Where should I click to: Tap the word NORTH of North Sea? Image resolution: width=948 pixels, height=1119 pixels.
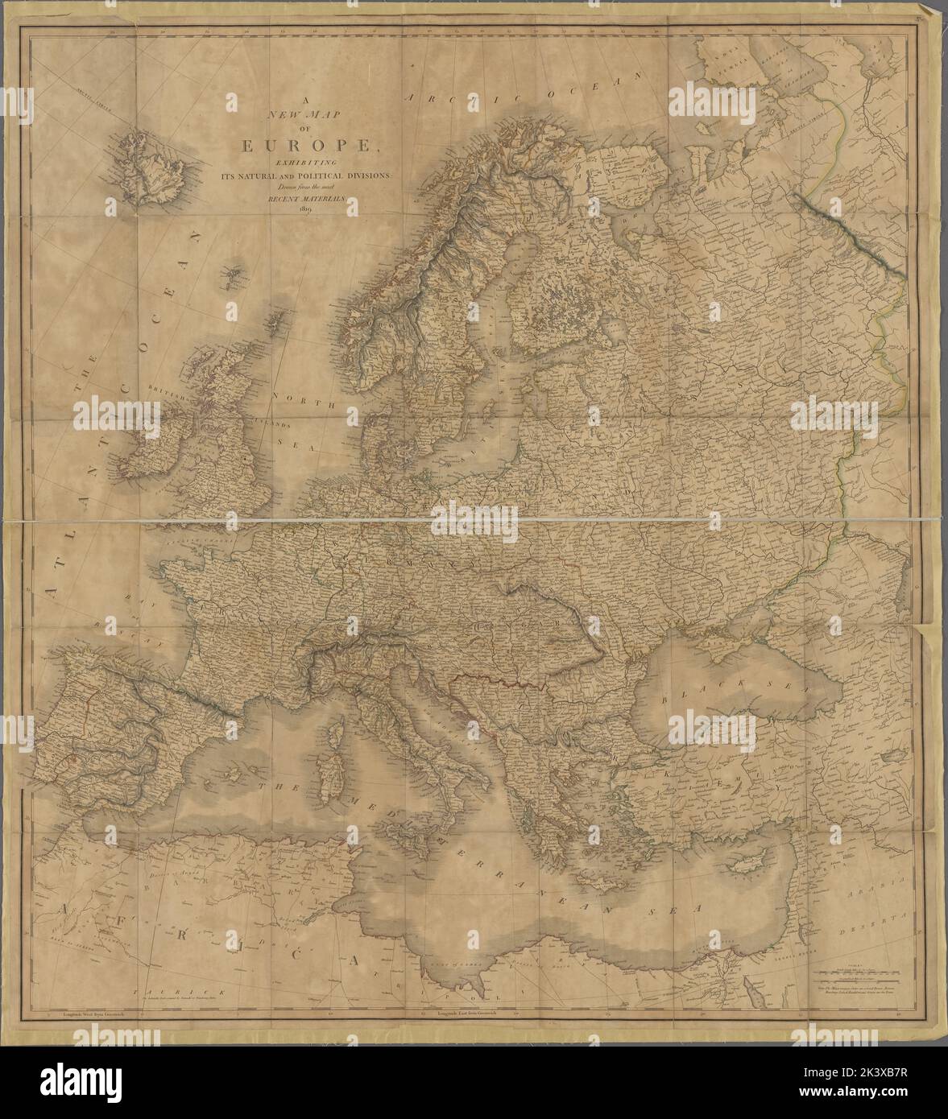[300, 397]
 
